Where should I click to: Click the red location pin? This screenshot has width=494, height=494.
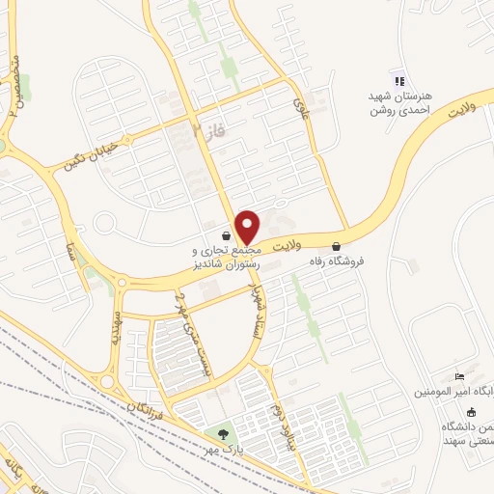(247, 227)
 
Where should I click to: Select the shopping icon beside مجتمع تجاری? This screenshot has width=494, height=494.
(226, 235)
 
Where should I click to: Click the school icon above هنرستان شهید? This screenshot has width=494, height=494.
(398, 80)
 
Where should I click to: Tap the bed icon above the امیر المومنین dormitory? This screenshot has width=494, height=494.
(459, 376)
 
